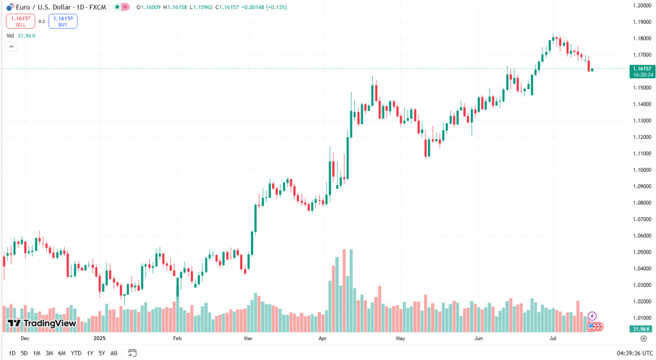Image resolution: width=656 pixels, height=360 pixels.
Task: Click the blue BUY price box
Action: [x=62, y=21]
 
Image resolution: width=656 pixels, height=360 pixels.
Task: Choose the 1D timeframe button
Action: [x=12, y=353]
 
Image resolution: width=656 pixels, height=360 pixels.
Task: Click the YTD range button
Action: [x=76, y=353]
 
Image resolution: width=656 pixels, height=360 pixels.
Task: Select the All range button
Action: [x=113, y=353]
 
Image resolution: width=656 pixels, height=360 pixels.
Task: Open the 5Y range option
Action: [x=101, y=353]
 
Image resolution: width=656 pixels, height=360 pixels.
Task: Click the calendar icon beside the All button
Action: [x=132, y=353]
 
